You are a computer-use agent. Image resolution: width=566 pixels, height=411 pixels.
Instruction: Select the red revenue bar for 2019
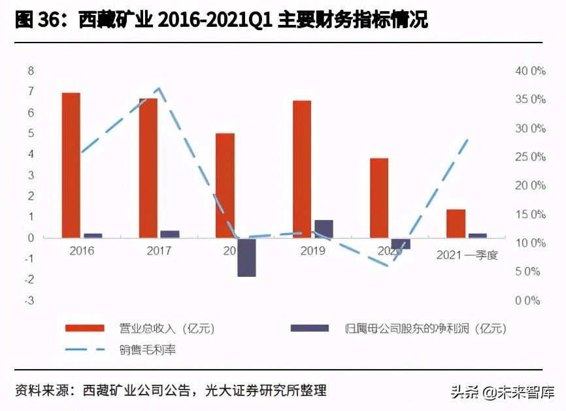[302, 169]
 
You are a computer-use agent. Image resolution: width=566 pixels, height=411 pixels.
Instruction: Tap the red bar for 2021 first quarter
[456, 223]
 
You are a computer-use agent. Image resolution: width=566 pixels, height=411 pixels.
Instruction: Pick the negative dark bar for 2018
[246, 257]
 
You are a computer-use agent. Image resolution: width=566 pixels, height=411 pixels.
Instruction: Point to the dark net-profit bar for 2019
[324, 228]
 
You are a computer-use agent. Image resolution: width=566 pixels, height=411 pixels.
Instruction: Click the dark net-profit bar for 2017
[170, 234]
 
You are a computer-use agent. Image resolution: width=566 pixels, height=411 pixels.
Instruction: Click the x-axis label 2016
[82, 251]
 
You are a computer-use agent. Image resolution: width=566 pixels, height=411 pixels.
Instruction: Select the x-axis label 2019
[312, 251]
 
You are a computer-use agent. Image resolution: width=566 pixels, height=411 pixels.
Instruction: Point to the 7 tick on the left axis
[30, 92]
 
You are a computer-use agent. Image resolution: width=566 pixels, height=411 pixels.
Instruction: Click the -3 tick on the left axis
[29, 300]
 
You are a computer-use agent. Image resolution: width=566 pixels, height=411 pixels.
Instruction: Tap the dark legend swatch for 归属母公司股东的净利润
[310, 327]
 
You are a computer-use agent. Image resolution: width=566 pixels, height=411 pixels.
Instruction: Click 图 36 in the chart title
[33, 20]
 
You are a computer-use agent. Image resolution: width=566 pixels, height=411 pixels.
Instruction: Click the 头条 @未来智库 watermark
[502, 392]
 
